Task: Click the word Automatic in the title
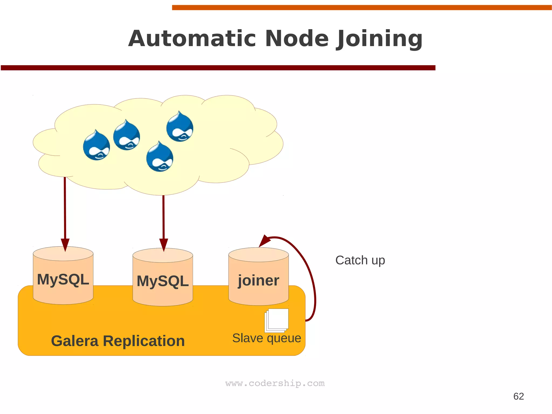pos(192,39)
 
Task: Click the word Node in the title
pos(297,39)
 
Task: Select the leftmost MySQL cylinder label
pos(63,279)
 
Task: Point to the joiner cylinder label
pos(258,280)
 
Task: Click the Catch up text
pos(360,260)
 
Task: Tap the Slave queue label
pos(267,338)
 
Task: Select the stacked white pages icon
pos(277,320)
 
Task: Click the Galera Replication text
pos(118,341)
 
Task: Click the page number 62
pos(518,396)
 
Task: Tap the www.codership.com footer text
pos(275,383)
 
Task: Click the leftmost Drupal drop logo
pos(96,146)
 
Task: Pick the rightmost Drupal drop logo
pos(180,127)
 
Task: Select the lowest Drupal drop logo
pos(160,157)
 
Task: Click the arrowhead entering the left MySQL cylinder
pos(65,244)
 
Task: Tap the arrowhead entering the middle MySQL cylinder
pos(164,244)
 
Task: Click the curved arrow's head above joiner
pos(264,241)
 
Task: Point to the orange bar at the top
pos(361,8)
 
